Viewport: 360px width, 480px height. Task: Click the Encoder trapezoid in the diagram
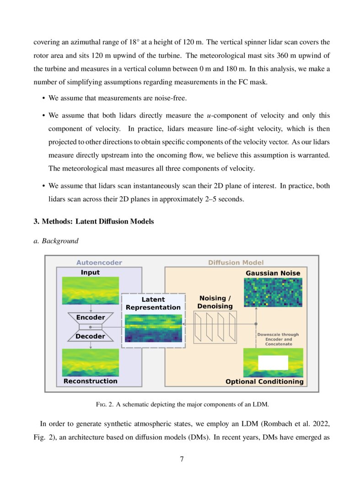(91, 317)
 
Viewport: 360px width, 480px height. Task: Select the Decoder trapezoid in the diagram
(91, 336)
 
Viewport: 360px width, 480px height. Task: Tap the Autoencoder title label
(99, 262)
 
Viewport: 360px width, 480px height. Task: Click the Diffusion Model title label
(236, 262)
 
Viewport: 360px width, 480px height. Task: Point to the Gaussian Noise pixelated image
(273, 292)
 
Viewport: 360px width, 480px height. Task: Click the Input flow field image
(91, 290)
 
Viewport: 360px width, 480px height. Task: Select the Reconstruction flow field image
(91, 363)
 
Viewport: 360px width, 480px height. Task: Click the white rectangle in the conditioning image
(273, 363)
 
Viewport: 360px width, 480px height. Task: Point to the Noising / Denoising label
(215, 302)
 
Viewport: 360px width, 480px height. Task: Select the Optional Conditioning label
(264, 381)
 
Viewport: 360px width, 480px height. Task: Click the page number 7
(182, 459)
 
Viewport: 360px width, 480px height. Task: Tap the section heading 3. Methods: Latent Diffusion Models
(94, 222)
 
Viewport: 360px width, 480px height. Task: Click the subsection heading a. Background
(56, 241)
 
